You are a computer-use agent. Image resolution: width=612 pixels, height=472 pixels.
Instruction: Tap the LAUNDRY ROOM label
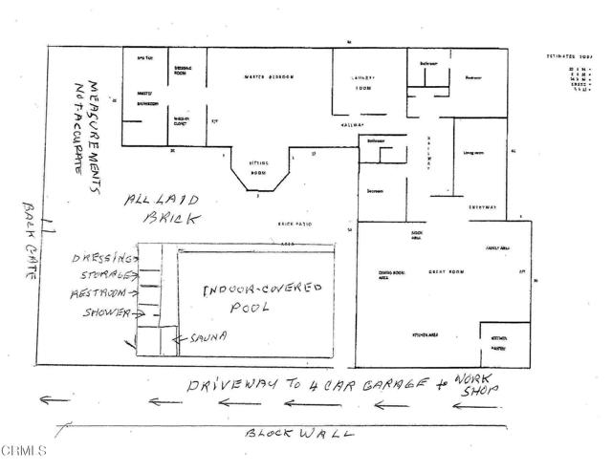click(362, 83)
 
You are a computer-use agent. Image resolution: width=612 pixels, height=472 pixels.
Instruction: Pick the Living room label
click(472, 151)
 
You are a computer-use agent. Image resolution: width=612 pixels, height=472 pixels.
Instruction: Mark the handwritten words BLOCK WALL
click(299, 433)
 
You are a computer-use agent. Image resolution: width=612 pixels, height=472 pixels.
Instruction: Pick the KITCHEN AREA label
click(425, 335)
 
